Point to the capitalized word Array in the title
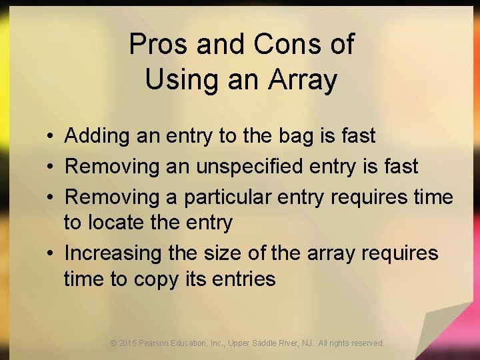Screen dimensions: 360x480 [x=303, y=80]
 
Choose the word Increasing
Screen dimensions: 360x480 [x=113, y=253]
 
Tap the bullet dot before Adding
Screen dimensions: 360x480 [x=51, y=137]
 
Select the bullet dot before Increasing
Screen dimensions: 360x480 [x=51, y=253]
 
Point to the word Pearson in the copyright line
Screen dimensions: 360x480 [x=157, y=343]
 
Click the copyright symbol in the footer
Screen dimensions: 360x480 [x=114, y=343]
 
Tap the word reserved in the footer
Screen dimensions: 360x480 [x=367, y=343]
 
